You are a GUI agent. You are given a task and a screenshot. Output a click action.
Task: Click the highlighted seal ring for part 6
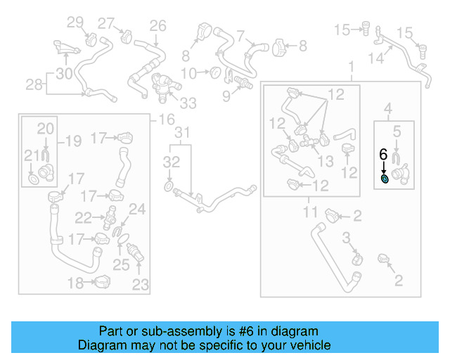point(385,180)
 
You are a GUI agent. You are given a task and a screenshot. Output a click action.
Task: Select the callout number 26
point(157,26)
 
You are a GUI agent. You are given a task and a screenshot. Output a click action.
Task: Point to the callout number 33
point(188,103)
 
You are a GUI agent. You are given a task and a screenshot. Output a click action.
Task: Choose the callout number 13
point(325,162)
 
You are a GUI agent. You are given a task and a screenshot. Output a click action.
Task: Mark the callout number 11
point(311,210)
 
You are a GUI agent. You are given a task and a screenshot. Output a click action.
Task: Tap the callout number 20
point(45,129)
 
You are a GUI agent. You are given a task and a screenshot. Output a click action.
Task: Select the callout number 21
point(30,156)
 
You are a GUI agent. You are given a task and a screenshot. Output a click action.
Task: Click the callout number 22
point(84,217)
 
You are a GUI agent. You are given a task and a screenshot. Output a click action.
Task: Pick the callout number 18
point(75,283)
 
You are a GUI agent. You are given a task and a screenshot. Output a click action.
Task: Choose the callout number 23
point(141,284)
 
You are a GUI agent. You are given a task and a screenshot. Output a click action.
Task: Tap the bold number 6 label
point(383,154)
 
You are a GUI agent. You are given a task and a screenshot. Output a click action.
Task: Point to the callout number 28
point(34,84)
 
